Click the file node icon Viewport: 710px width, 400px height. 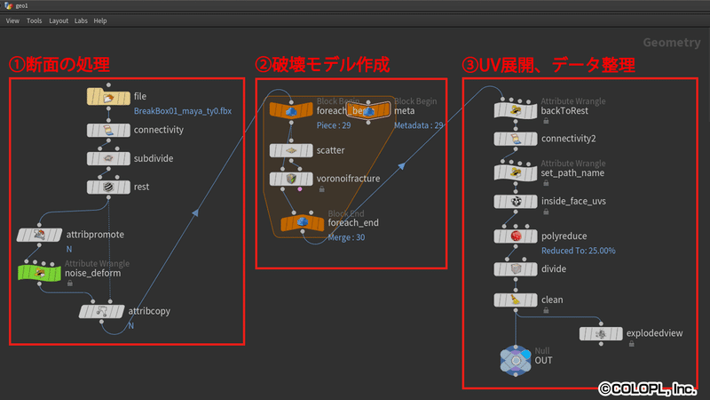[108, 97]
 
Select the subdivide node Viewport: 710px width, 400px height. [108, 158]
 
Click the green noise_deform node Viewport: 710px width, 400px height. [40, 272]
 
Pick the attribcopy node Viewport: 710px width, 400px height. [101, 312]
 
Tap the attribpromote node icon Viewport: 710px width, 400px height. [40, 235]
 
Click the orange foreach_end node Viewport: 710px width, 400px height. [301, 222]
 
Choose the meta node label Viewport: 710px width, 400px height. [404, 110]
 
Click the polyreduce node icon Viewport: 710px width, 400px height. [516, 236]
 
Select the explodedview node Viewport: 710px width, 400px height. [601, 332]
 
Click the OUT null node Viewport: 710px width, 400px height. [516, 358]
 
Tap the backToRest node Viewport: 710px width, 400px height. [516, 110]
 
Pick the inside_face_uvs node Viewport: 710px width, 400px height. [516, 202]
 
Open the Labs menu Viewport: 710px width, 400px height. [81, 20]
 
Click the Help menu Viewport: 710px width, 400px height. [100, 20]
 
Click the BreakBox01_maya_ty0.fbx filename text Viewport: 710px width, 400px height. [182, 111]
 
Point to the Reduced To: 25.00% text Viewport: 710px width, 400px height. [578, 251]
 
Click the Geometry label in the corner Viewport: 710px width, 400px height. [672, 42]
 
